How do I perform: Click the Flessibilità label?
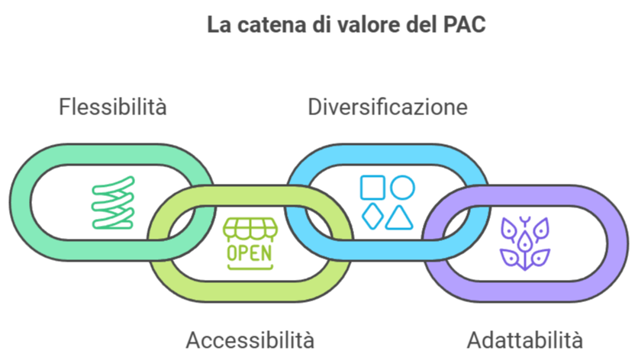112,106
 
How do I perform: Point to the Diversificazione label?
388,106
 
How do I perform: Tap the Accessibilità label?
250,339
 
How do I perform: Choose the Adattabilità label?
525,339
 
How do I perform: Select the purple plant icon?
524,242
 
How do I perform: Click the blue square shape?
372,188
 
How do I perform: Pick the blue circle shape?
402,188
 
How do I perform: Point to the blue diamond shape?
372,217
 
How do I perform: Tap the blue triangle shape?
399,218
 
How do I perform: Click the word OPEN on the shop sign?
249,252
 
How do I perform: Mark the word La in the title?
217,24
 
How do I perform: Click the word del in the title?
418,24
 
